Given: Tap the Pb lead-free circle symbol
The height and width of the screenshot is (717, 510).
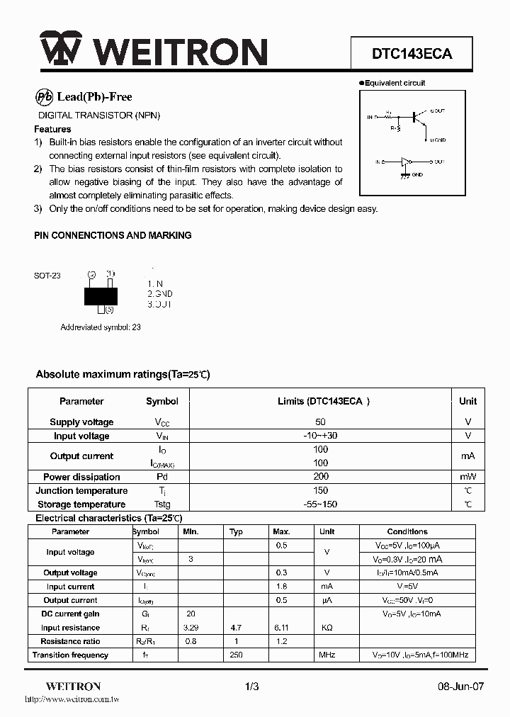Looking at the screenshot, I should [44, 97].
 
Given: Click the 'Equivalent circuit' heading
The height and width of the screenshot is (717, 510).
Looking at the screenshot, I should [395, 83].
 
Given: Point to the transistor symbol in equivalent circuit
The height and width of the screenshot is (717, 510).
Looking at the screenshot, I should [419, 116].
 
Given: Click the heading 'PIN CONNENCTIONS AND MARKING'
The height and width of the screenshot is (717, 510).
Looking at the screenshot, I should [113, 235].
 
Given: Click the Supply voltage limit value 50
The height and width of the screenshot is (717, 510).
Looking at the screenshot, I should [320, 422].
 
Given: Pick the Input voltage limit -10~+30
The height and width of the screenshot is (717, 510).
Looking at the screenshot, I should [320, 436].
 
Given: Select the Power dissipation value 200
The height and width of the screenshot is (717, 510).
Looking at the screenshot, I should [320, 477].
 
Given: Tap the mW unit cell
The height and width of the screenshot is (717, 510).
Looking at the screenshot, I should [467, 477].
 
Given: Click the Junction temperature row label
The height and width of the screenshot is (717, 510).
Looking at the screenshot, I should [81, 490].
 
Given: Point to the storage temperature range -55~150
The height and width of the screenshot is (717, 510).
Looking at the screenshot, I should [320, 504].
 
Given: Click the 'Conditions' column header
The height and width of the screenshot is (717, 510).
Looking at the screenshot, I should [407, 531].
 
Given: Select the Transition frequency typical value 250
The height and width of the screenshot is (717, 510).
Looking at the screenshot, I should [236, 655].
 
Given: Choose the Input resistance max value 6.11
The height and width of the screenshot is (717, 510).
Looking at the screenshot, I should [281, 628].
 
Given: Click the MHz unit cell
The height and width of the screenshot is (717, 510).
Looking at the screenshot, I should [327, 655].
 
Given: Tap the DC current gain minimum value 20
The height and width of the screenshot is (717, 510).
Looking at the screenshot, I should [191, 614].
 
